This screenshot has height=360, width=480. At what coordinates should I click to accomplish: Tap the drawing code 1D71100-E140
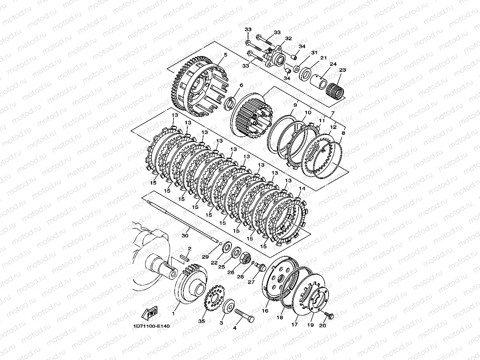pos(151,326)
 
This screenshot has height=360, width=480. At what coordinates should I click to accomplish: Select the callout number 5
pos(226,55)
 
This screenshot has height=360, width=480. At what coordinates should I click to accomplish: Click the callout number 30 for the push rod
pos(185,236)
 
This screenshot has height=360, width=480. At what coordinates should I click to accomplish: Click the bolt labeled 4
pos(245,315)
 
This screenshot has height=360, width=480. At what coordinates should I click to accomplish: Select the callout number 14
pos(302,188)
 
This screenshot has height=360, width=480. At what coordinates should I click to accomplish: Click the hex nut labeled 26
pos(246,258)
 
